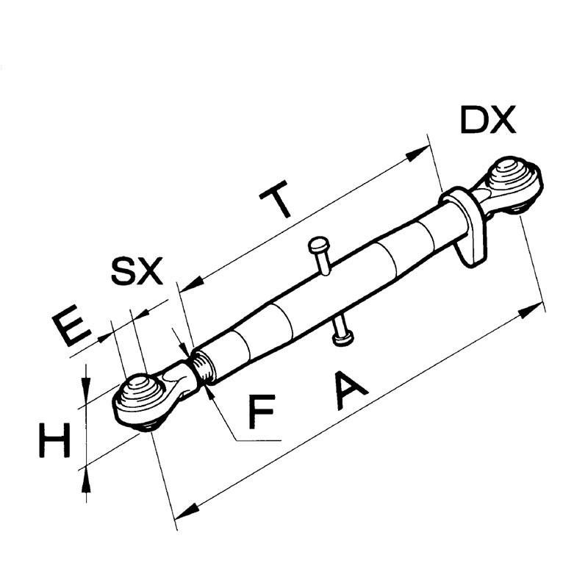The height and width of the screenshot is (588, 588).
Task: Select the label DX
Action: [x=488, y=120]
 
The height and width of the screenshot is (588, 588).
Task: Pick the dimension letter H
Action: [x=55, y=441]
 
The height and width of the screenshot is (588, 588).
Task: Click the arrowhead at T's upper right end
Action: [x=420, y=152]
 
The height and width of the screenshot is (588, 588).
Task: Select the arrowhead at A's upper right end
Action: [x=534, y=307]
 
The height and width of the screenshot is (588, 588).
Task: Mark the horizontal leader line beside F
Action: [x=257, y=440]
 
